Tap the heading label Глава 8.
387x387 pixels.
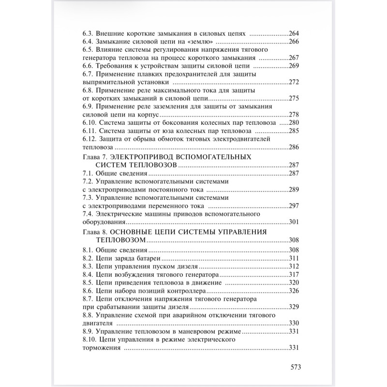coord(93,232)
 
